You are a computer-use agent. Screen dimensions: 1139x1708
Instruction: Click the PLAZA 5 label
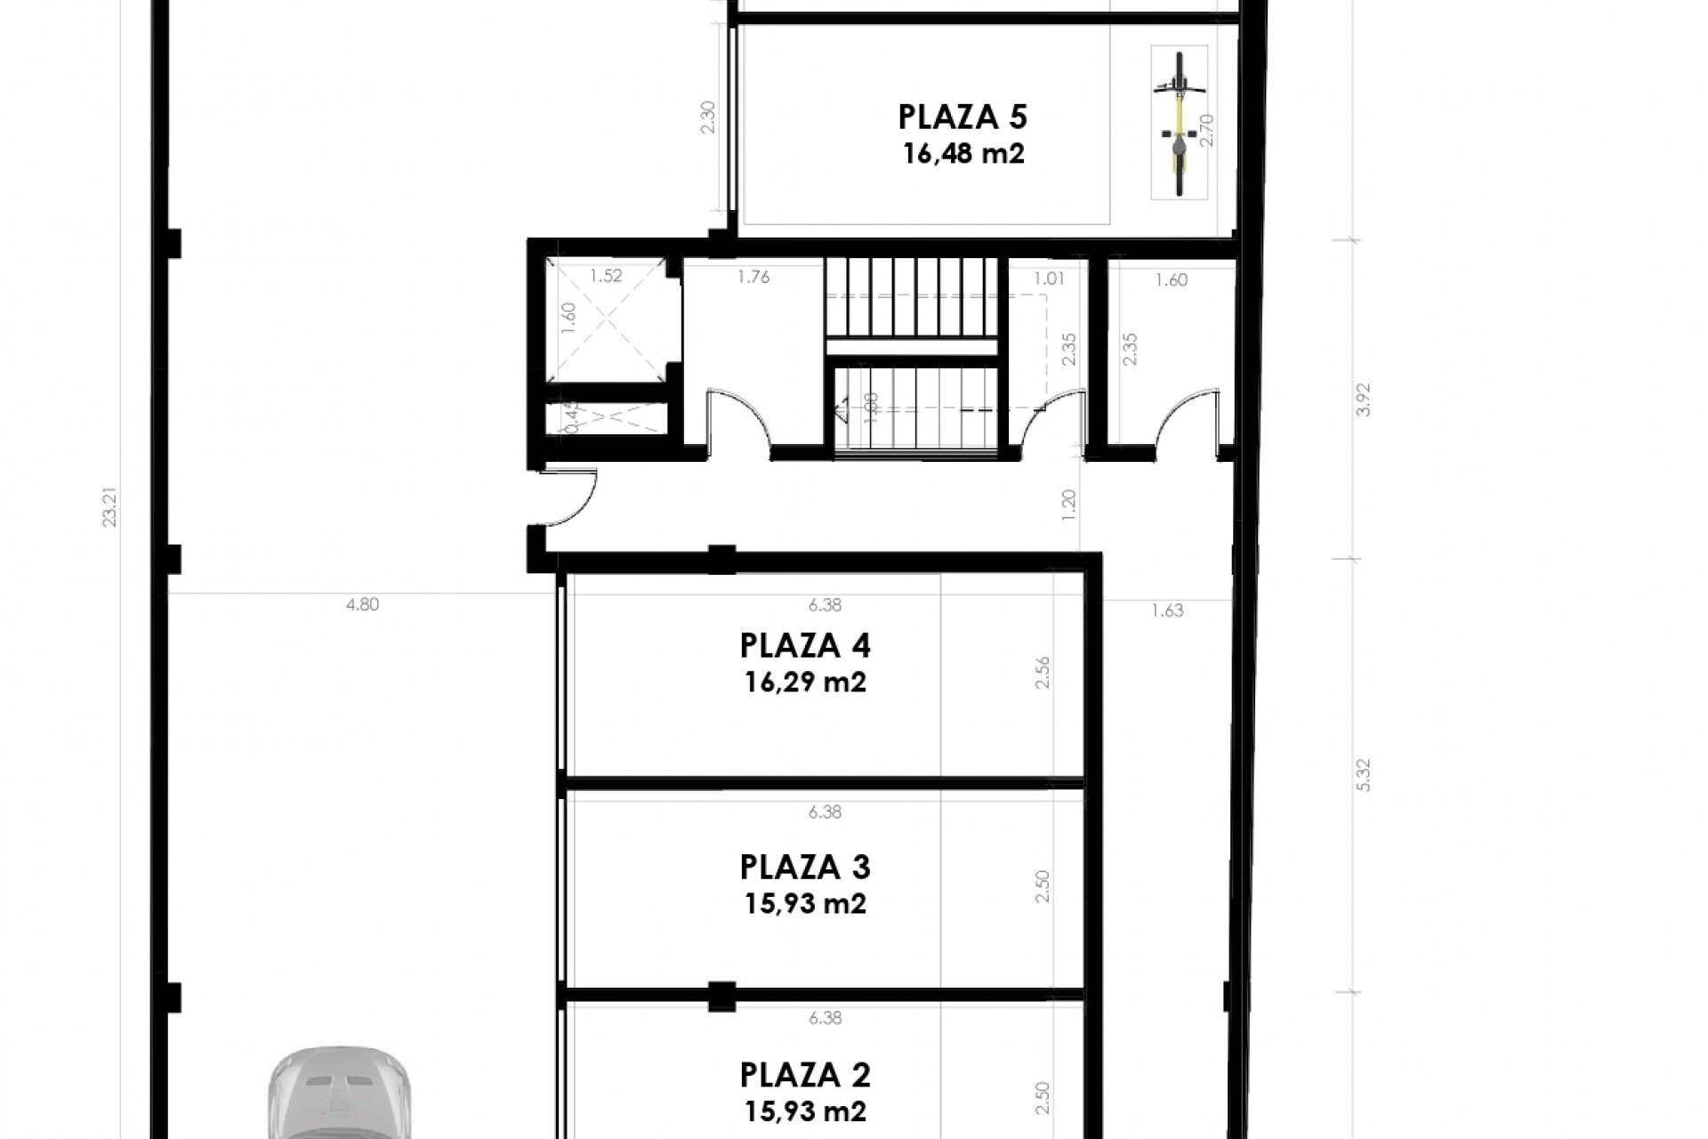963,117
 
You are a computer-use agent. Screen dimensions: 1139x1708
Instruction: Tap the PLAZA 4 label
805,645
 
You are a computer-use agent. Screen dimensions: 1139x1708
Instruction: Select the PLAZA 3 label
805,867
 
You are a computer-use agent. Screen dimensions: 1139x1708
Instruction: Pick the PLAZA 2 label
805,1075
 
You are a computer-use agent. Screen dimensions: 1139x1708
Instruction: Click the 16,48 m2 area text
963,154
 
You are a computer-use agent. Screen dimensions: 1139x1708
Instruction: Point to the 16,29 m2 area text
805,683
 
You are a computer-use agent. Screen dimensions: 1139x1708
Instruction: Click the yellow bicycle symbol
1179,123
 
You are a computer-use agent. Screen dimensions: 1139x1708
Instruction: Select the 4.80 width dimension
362,605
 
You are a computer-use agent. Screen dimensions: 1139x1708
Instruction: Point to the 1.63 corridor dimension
1167,610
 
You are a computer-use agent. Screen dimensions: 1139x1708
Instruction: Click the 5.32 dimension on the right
1365,775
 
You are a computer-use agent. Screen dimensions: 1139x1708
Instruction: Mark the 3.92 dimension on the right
1365,400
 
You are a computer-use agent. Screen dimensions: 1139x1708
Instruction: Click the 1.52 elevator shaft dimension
606,276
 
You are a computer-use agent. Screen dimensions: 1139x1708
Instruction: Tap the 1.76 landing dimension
753,277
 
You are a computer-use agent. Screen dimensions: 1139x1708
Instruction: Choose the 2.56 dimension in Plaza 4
1043,673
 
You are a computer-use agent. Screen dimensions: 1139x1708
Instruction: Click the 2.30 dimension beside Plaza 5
708,117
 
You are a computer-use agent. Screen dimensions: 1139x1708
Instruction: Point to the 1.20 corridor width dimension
1069,505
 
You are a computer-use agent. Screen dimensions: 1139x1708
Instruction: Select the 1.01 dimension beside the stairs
1049,279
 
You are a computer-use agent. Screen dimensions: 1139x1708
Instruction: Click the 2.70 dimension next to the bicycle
1206,130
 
